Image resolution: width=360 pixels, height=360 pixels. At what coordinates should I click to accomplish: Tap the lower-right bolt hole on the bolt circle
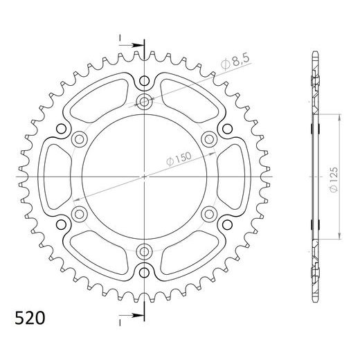(208, 213)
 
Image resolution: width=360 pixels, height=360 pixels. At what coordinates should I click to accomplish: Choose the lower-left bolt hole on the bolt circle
(81, 213)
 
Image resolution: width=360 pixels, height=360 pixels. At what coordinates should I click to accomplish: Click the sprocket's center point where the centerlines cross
(145, 177)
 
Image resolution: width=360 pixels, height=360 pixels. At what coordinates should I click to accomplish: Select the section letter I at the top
(120, 37)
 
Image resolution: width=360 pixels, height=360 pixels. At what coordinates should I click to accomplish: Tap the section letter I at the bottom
(120, 321)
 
